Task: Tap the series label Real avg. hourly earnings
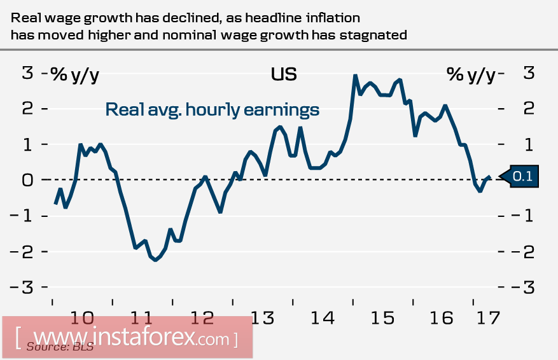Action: pyautogui.click(x=212, y=109)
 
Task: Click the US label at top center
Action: pyautogui.click(x=284, y=74)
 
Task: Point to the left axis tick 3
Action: pyautogui.click(x=27, y=74)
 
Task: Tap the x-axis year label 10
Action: pyautogui.click(x=83, y=317)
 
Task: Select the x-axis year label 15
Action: pyautogui.click(x=382, y=317)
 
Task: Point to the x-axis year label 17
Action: pyautogui.click(x=488, y=317)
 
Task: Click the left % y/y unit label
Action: pyautogui.click(x=75, y=74)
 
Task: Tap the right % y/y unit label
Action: pyautogui.click(x=471, y=74)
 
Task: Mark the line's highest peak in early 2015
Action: pyautogui.click(x=355, y=76)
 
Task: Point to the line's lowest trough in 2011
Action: pyautogui.click(x=155, y=260)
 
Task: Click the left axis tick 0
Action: pyautogui.click(x=27, y=180)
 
